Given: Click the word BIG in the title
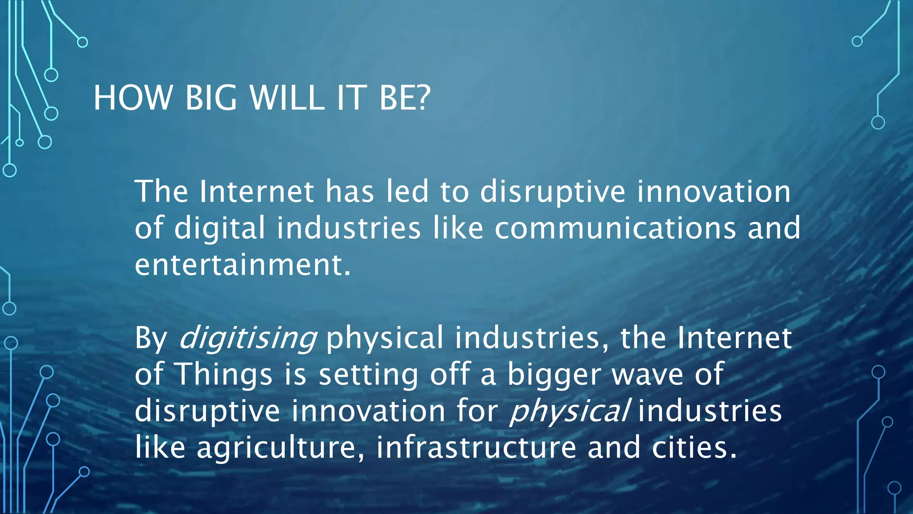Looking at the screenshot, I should coord(211,98).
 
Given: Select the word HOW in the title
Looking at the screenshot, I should coord(133,98).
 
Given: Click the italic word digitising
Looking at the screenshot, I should coord(248,338).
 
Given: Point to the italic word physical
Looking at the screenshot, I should coord(569,411).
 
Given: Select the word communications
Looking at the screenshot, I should coord(615,228).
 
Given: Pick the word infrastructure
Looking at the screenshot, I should coord(476,448).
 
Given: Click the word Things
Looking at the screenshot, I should coord(224,375).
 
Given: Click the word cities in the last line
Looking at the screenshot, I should coord(694,448).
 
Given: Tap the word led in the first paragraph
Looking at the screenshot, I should coord(407,191).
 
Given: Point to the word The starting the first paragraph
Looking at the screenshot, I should coord(161,191).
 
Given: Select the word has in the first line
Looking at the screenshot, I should coord(350,191).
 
